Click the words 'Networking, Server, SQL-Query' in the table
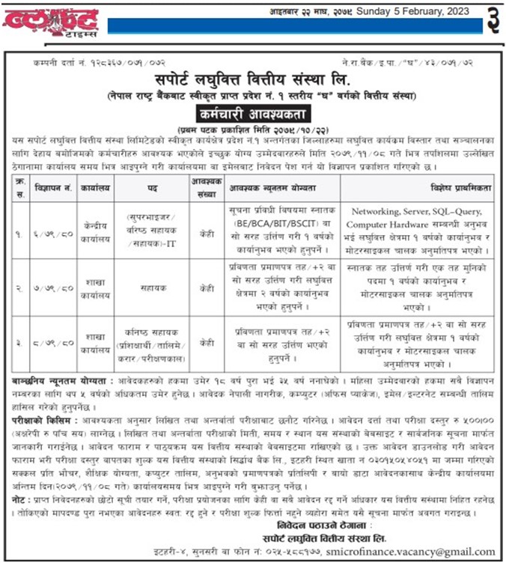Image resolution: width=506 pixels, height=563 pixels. point(419,212)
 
